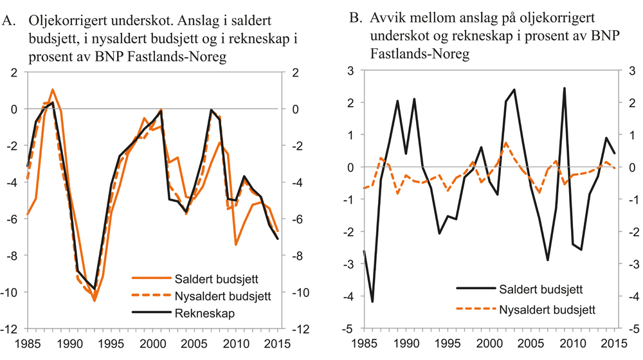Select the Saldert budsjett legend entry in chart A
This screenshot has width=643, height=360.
[203, 279]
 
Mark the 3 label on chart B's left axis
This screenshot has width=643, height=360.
[352, 71]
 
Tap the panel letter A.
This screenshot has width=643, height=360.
[9, 22]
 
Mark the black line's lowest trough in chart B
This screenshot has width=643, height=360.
[373, 301]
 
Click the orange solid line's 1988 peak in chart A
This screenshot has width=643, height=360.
[53, 89]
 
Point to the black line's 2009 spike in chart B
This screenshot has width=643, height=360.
[564, 88]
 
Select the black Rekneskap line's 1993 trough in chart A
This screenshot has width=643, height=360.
[95, 289]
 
